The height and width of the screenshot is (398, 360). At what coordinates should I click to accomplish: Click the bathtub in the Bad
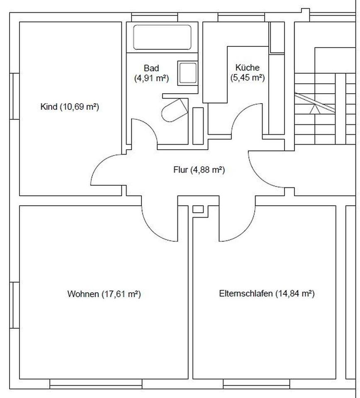click(x=162, y=37)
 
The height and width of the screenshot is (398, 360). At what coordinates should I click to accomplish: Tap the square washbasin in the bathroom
click(x=188, y=73)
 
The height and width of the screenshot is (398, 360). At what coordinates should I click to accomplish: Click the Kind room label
click(x=70, y=107)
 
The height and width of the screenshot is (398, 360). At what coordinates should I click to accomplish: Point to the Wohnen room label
click(x=104, y=294)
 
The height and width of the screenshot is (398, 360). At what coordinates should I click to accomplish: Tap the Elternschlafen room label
click(x=267, y=294)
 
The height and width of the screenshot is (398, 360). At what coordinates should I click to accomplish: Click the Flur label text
click(x=199, y=170)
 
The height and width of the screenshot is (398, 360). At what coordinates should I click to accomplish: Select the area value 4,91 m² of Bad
click(x=151, y=78)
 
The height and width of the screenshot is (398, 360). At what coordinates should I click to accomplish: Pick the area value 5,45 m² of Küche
click(x=248, y=77)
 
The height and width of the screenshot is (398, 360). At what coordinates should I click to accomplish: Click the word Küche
click(x=248, y=68)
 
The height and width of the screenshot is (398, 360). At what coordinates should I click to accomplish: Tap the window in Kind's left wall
click(x=15, y=96)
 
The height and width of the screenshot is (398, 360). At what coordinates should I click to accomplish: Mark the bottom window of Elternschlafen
click(x=256, y=384)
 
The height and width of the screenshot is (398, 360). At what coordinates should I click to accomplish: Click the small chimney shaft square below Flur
click(x=198, y=209)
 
